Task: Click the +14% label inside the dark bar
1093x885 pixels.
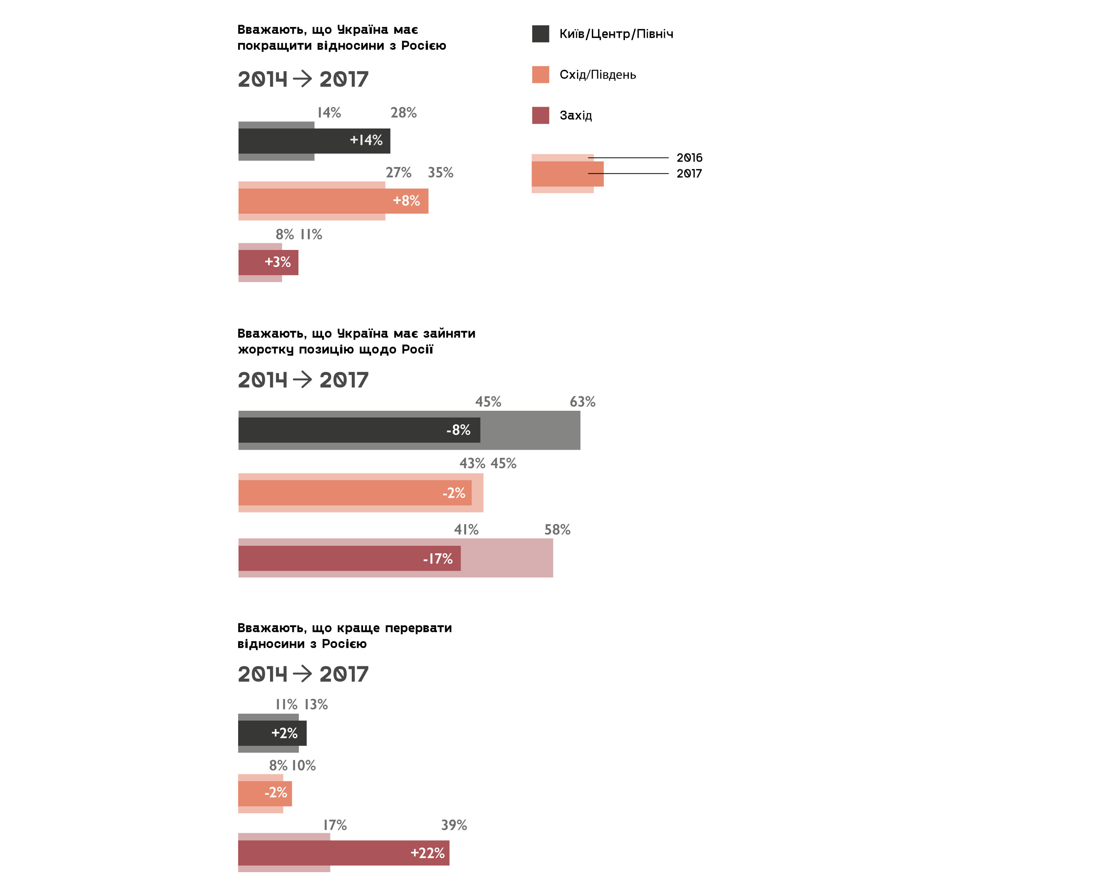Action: point(366,140)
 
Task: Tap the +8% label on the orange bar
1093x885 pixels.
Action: point(406,201)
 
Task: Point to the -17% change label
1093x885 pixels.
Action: point(438,559)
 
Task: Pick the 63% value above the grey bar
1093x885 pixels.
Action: point(582,402)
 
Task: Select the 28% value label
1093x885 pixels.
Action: point(403,113)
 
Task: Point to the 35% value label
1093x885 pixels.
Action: point(440,173)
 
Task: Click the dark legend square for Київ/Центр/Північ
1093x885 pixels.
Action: point(540,33)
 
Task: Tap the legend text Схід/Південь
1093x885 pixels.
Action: point(597,75)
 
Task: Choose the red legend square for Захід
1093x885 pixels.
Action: point(540,115)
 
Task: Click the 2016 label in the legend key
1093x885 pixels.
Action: point(689,158)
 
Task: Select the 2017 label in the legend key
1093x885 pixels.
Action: point(689,173)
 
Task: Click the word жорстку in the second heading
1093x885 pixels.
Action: point(265,350)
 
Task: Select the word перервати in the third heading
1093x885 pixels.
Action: point(418,628)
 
